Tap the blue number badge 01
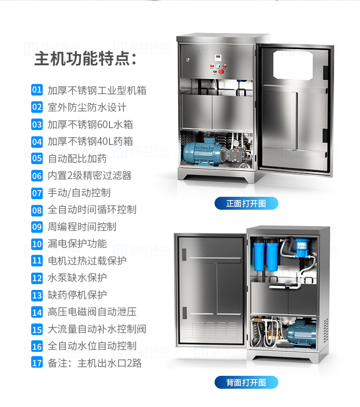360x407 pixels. pos(37,90)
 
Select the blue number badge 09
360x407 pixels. pos(37,227)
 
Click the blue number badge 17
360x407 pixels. pos(37,363)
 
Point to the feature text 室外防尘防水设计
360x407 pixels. pos(87,107)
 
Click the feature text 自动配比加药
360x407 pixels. pos(77,158)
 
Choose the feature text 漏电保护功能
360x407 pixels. pos(77,244)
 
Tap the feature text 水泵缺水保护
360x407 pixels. pos(77,278)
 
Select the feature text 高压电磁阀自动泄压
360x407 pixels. pos(92,312)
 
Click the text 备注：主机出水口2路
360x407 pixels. pos(95,363)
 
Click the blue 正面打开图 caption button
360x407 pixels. pos(246,203)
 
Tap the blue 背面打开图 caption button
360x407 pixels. pos(246,383)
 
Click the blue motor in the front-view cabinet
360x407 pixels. pos(203,152)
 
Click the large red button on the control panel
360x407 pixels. pos(221,72)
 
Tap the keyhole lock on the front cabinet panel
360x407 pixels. pos(188,60)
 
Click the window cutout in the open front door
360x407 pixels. pos(293,65)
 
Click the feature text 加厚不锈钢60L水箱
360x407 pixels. pos(90,125)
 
